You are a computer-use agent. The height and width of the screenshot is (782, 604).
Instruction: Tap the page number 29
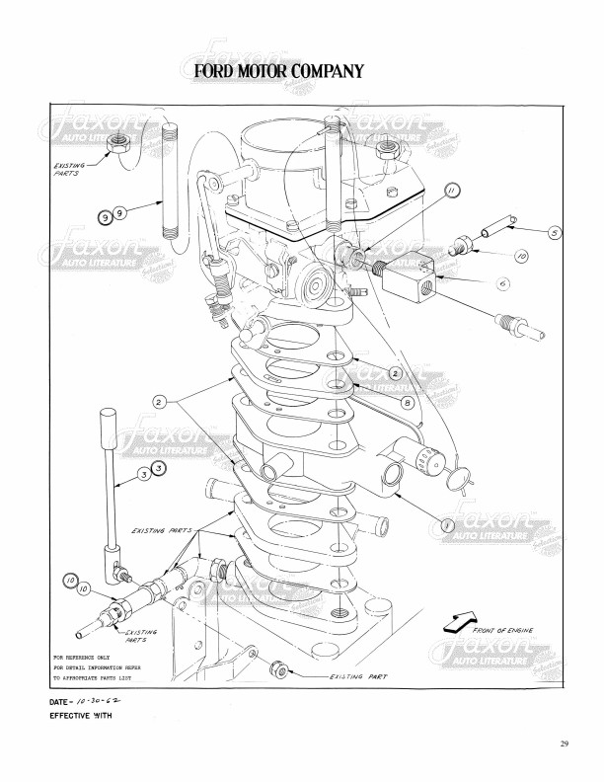(564, 743)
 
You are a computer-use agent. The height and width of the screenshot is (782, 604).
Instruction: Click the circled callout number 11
(451, 192)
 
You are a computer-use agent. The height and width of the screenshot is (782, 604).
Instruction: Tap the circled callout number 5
(555, 233)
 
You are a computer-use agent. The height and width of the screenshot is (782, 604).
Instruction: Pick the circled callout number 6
(502, 282)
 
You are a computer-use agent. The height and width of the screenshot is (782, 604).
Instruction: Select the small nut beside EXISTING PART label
(282, 671)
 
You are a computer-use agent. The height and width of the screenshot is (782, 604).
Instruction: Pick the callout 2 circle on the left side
(158, 402)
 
